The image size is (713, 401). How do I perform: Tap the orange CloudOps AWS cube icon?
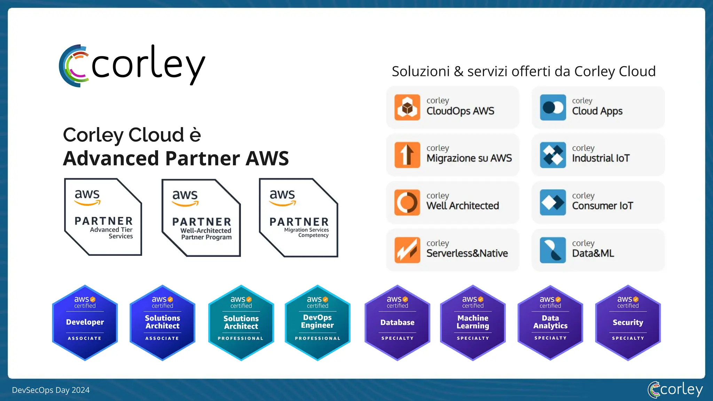(407, 107)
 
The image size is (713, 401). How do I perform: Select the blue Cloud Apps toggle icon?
(553, 107)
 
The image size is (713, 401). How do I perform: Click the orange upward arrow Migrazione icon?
(407, 155)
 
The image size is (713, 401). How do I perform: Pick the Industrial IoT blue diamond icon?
(553, 155)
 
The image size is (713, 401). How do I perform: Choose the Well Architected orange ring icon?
(407, 202)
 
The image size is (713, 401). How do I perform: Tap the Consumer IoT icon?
(553, 202)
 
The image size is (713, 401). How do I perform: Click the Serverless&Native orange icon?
(407, 250)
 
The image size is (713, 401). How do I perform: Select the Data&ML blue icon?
(553, 250)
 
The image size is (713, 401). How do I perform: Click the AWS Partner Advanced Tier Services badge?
(103, 217)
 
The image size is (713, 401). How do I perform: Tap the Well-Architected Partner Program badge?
(201, 218)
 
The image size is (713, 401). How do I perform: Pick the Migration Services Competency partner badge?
(299, 218)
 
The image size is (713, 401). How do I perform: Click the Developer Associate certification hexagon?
(85, 323)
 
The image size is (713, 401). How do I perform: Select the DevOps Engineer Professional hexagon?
(318, 323)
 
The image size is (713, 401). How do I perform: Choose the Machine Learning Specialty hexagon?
(473, 323)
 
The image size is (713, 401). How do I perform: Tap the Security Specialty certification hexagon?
(628, 323)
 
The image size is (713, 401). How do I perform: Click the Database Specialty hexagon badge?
(397, 323)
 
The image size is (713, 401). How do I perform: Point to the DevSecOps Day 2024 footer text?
(51, 390)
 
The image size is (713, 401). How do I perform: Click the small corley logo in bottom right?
(675, 390)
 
